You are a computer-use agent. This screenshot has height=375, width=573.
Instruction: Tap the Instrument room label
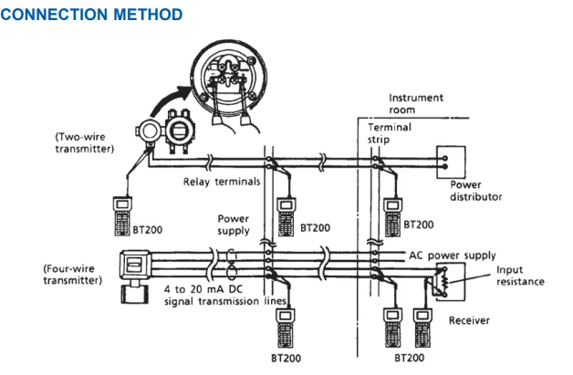click(x=416, y=102)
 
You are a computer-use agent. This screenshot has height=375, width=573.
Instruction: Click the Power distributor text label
click(x=477, y=190)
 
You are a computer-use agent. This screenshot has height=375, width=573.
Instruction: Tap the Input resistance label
click(x=520, y=276)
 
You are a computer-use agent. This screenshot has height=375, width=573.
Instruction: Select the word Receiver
click(x=470, y=320)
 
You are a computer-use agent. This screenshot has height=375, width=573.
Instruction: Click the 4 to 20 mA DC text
click(x=214, y=289)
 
